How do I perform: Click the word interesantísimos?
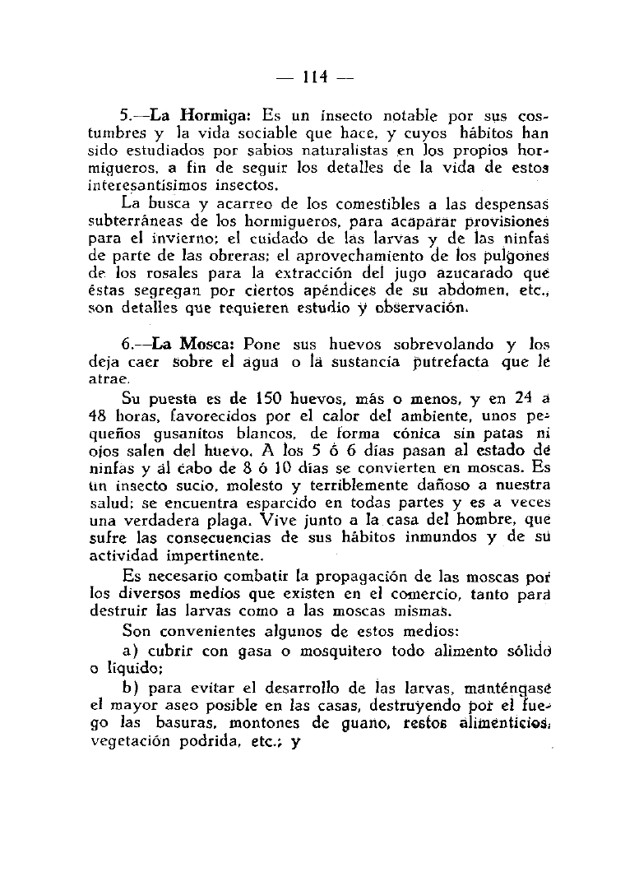point(154,185)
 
